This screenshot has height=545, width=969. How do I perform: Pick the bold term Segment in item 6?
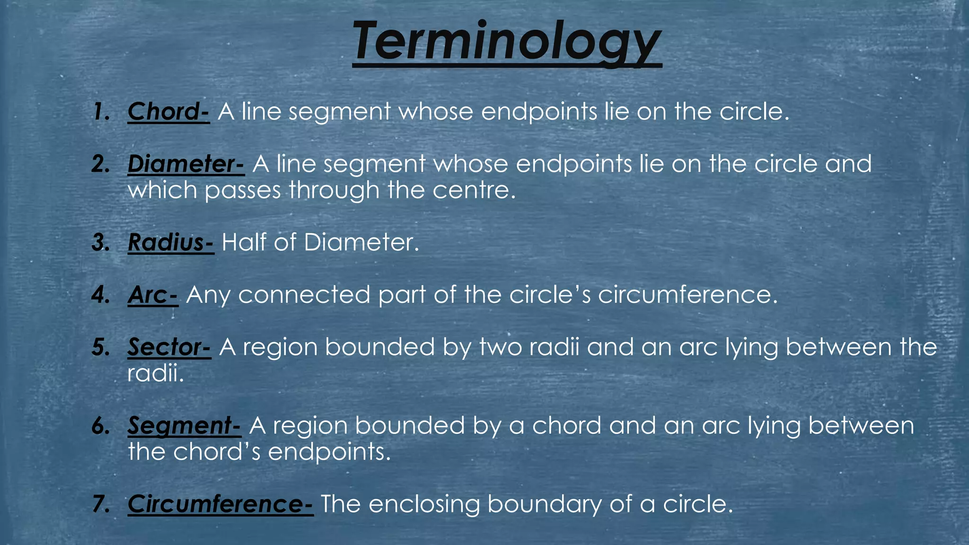(x=180, y=426)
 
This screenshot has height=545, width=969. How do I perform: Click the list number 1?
(x=101, y=113)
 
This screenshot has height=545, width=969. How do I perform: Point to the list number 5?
(x=101, y=348)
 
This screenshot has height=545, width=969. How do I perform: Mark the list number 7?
(x=101, y=504)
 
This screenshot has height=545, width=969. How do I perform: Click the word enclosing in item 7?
(x=424, y=504)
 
